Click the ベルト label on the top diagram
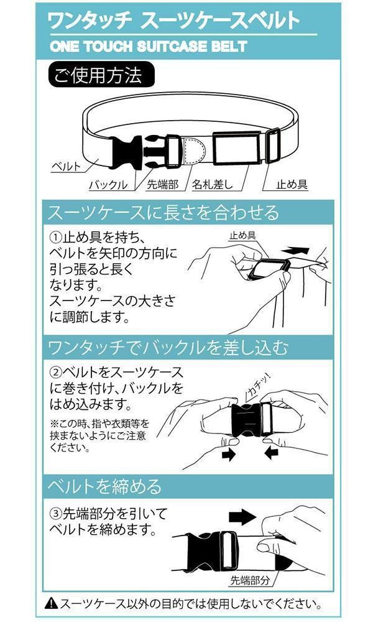pyautogui.click(x=65, y=167)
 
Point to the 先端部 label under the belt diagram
pyautogui.click(x=162, y=185)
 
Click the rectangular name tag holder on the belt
pyautogui.click(x=236, y=148)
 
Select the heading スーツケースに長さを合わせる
pyautogui.click(x=163, y=213)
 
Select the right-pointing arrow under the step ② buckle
pyautogui.click(x=228, y=455)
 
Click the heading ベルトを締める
pyautogui.click(x=104, y=485)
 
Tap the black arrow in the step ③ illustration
pyautogui.click(x=242, y=516)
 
